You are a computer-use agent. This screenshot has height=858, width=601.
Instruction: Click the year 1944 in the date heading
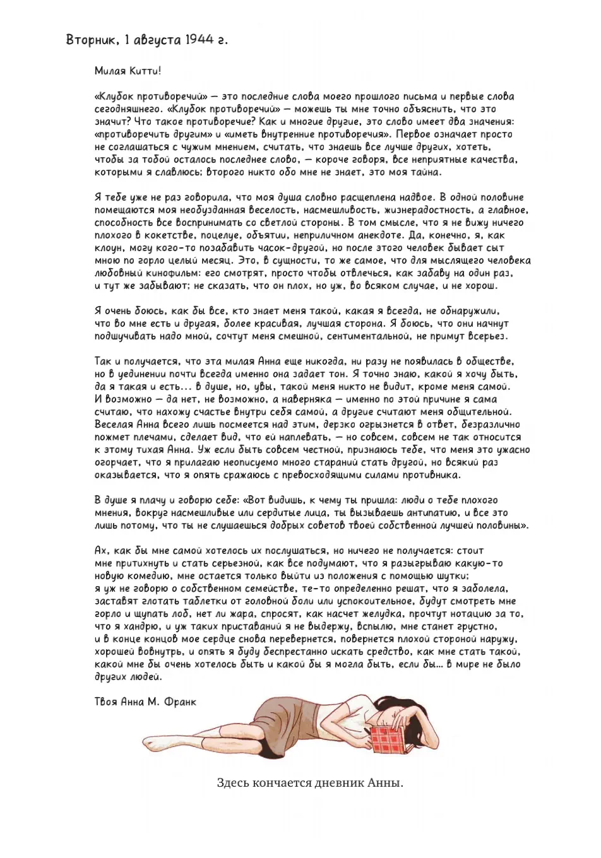pyautogui.click(x=199, y=40)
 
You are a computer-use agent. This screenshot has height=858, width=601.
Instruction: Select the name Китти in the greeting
pyautogui.click(x=145, y=71)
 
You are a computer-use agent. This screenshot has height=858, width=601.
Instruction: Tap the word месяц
pyautogui.click(x=216, y=261)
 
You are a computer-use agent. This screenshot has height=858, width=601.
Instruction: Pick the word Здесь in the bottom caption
pyautogui.click(x=232, y=783)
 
